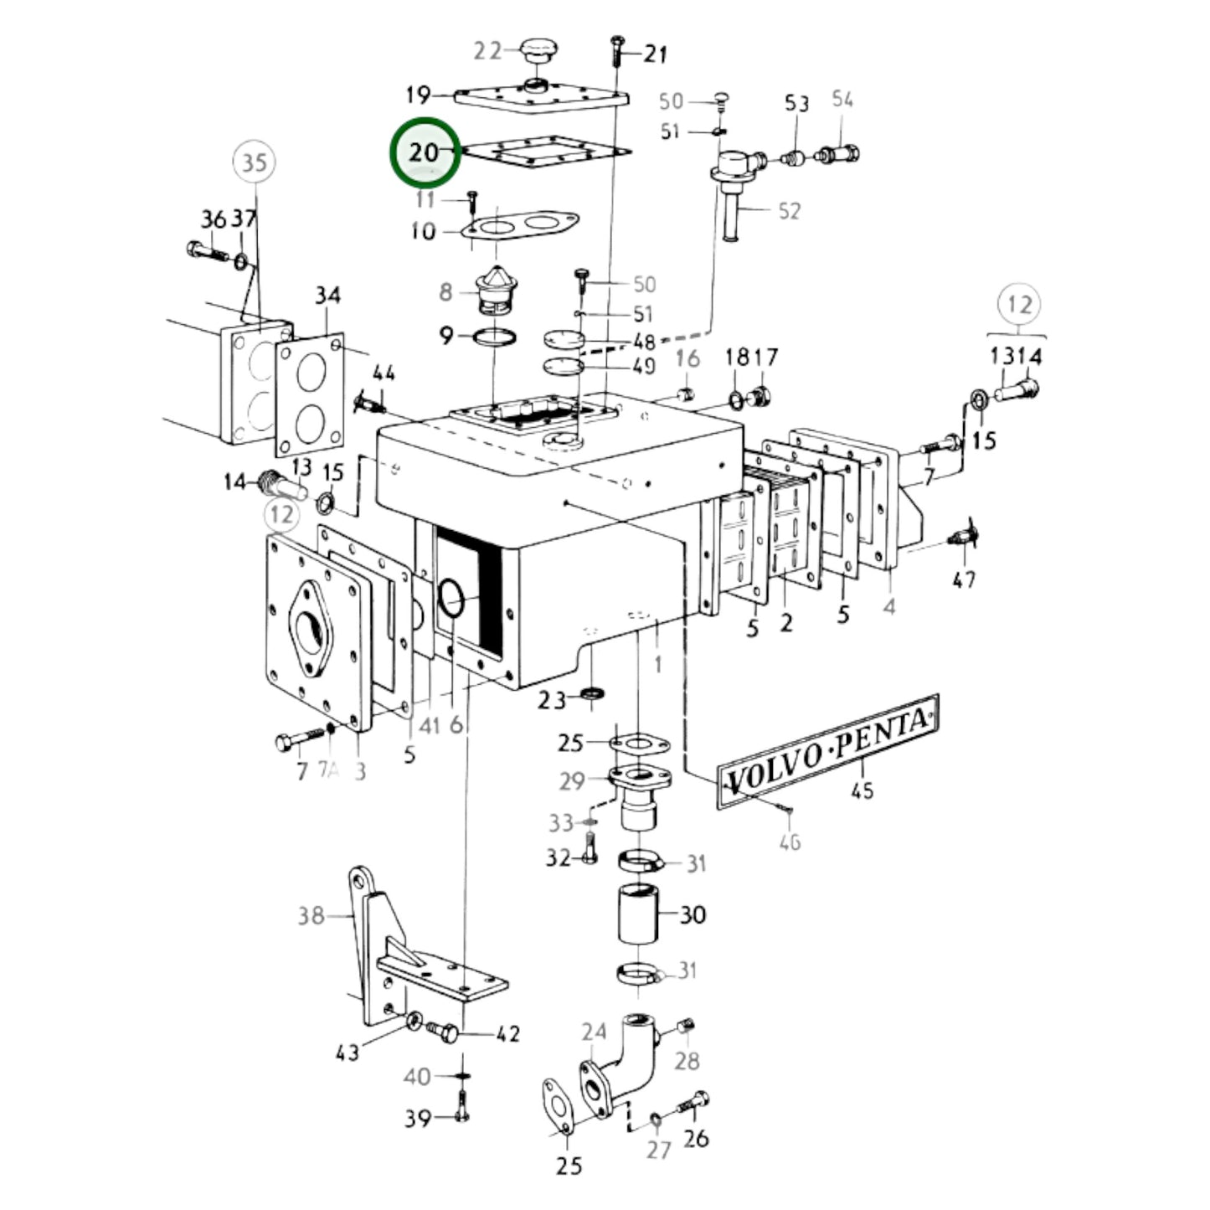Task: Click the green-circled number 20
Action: (425, 152)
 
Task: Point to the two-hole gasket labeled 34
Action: (309, 394)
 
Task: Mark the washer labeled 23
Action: (594, 694)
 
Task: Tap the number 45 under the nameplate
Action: (862, 790)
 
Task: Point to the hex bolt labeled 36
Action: (203, 250)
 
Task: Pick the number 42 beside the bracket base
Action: (507, 1034)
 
